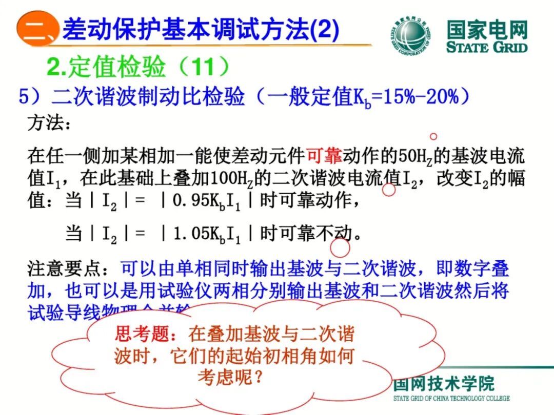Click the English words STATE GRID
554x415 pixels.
tap(487, 48)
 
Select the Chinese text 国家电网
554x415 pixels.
tap(487, 30)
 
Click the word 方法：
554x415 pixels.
tap(47, 123)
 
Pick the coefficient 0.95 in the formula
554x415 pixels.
tap(190, 201)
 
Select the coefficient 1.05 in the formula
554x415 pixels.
tap(190, 234)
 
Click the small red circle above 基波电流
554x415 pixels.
tap(433, 136)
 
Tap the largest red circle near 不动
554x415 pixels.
tap(340, 247)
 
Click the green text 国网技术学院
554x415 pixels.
tap(444, 384)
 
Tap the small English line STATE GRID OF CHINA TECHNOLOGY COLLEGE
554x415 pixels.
tap(451, 398)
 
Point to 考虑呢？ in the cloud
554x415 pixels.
tap(231, 378)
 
